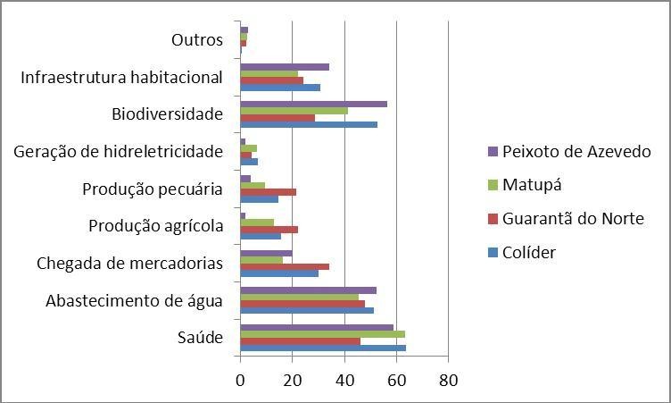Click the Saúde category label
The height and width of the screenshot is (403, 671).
click(202, 338)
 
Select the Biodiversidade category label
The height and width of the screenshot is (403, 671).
click(167, 114)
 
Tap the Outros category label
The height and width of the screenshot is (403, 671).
click(196, 40)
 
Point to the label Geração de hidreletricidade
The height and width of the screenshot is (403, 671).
click(118, 152)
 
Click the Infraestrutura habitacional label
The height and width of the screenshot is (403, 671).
click(121, 78)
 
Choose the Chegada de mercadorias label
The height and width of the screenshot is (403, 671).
click(129, 264)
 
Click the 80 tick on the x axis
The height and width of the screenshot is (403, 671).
click(448, 381)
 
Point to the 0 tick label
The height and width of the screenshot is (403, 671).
click(240, 381)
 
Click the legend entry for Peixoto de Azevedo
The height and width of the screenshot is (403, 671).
click(576, 151)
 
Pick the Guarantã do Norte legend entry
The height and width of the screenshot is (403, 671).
click(573, 219)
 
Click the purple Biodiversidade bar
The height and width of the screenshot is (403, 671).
click(313, 104)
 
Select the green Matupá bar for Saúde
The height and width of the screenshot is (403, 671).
click(322, 334)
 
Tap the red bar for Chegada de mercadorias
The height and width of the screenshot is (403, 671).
click(285, 266)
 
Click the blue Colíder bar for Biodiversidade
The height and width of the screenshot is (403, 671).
click(309, 125)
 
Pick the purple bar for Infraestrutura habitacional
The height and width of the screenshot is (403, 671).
click(285, 67)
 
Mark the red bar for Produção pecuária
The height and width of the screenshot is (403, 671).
click(268, 192)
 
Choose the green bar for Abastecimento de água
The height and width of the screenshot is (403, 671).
click(299, 297)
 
